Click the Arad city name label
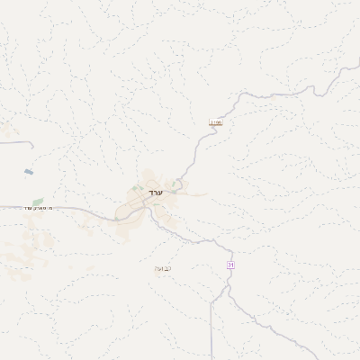click(x=154, y=193)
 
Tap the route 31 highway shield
click(x=230, y=265)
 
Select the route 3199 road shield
click(x=215, y=121)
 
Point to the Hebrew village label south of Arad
click(x=163, y=267)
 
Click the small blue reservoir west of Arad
click(x=30, y=171)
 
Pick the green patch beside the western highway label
click(x=37, y=202)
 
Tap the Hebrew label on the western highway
click(x=40, y=209)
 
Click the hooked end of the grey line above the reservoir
click(x=33, y=144)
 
